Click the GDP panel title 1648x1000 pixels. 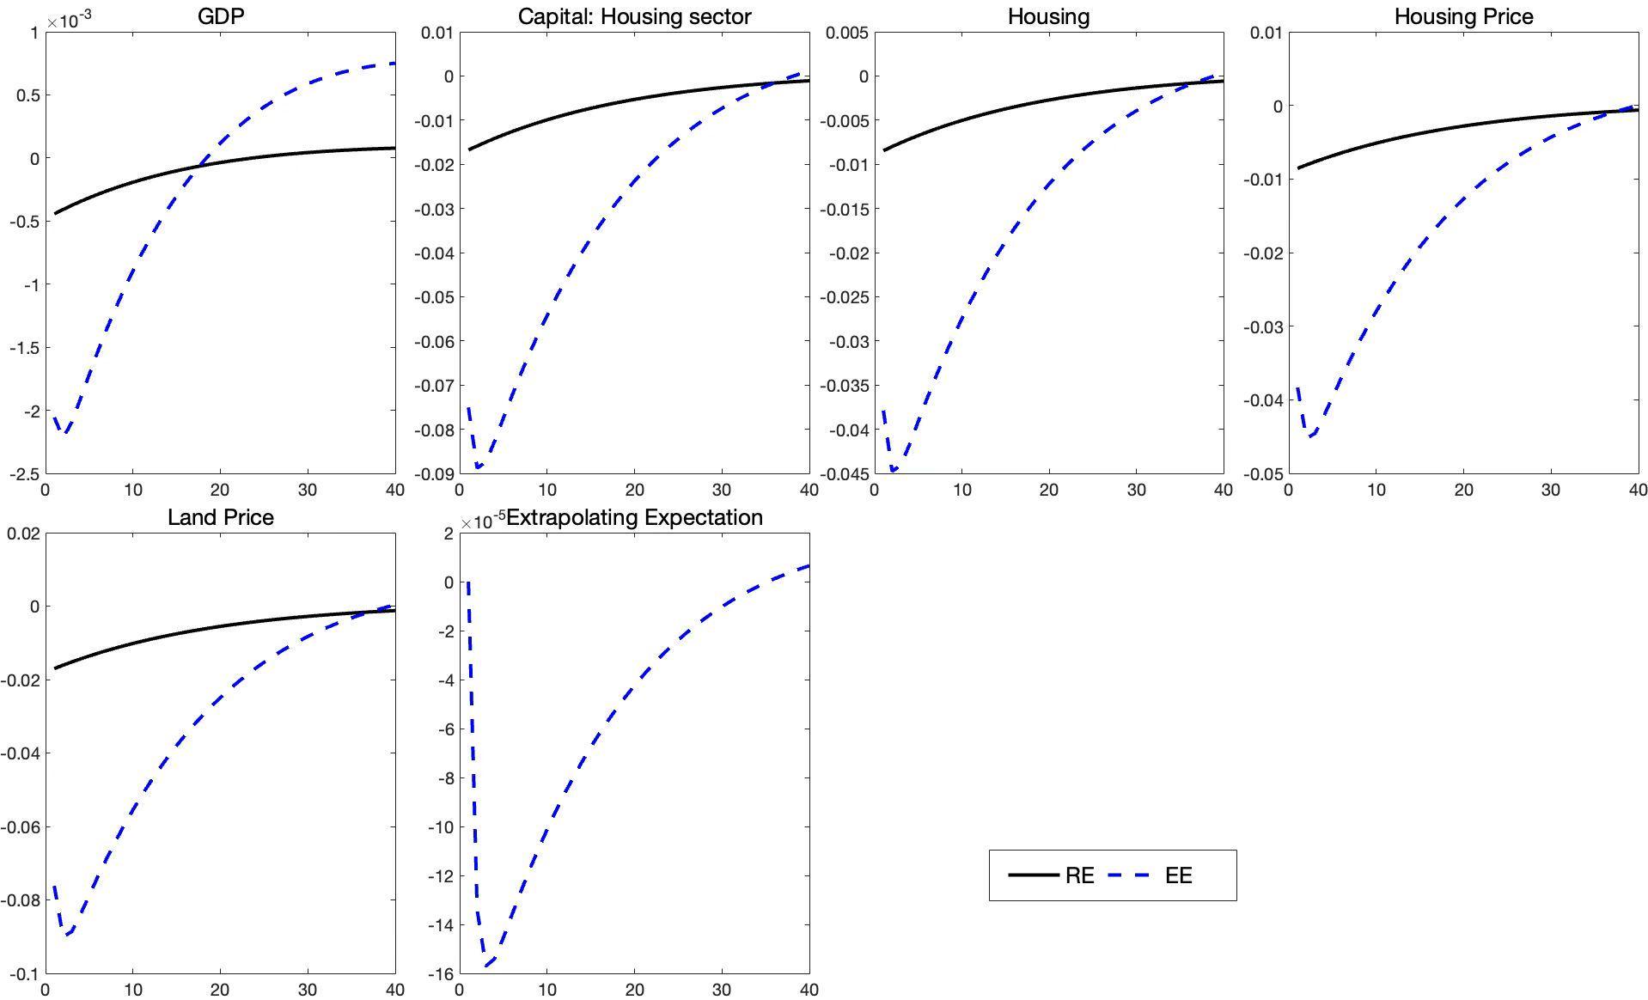tap(221, 16)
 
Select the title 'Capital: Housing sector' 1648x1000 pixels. tap(634, 16)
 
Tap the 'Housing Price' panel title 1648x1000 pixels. tap(1463, 16)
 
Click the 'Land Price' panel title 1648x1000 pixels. tap(221, 517)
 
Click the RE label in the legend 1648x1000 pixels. tap(1079, 875)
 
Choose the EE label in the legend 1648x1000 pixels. tap(1178, 875)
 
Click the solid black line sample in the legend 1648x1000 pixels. tap(1033, 875)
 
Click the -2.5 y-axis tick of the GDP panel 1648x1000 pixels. tap(24, 474)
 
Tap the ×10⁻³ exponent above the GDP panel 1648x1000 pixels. tap(70, 19)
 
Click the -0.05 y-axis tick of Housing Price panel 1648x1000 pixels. tap(1262, 474)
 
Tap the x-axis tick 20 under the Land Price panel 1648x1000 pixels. tap(220, 990)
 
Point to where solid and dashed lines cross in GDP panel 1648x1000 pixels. tap(197, 166)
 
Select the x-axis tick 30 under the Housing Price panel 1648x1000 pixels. tap(1551, 490)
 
